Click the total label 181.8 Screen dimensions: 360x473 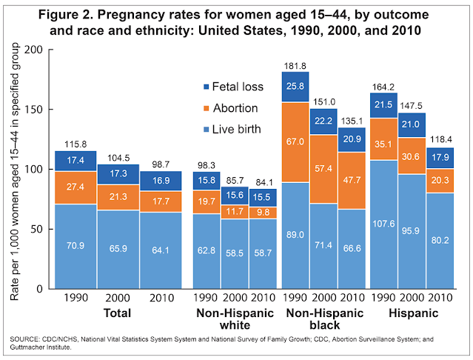pos(295,65)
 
